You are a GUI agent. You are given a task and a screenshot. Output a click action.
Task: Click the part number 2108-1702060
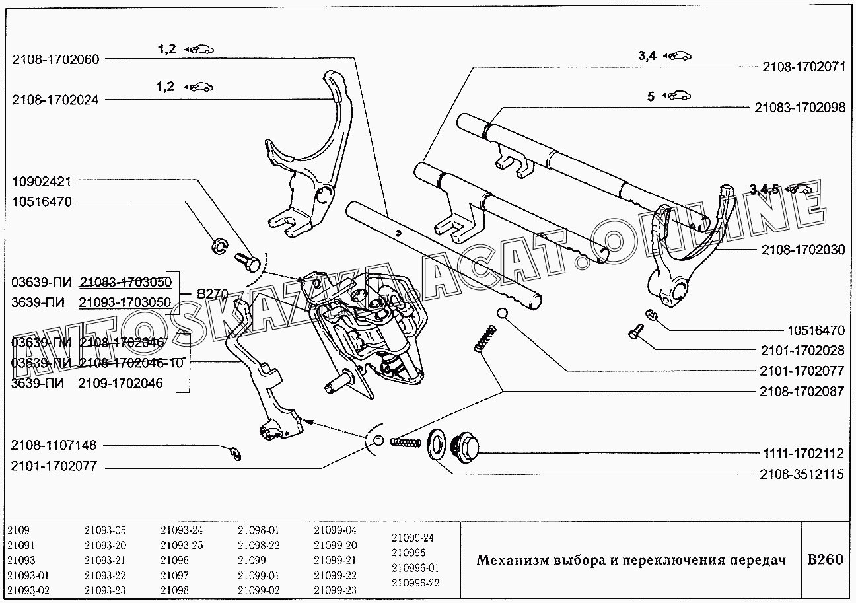[x=55, y=59]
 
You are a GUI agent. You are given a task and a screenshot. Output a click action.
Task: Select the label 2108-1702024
[x=55, y=100]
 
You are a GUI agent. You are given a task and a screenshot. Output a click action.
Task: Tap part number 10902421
[x=41, y=181]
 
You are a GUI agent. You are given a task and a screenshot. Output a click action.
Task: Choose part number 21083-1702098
[x=799, y=108]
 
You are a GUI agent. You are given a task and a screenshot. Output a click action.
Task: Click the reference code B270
[x=212, y=293]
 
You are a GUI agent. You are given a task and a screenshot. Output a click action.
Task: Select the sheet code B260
[x=826, y=559]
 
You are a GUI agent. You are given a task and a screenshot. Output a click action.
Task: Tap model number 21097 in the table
[x=174, y=575]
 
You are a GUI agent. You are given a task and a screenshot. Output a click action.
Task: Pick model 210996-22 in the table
[x=415, y=583]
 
